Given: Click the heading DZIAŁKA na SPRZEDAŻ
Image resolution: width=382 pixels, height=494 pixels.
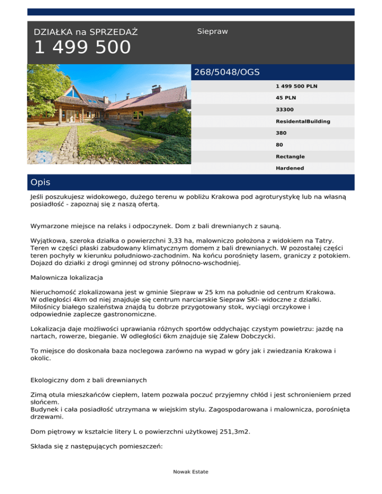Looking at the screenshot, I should point(86,32).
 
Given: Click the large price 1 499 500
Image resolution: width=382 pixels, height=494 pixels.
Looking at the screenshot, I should point(83,48).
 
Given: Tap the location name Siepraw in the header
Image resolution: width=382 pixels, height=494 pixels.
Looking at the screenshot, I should point(212,31).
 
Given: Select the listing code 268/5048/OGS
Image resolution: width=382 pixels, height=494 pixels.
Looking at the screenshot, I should point(227,72).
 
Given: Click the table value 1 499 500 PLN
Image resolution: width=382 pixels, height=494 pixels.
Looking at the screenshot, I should point(296,86).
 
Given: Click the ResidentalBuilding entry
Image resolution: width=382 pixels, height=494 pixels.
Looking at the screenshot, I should point(303,121).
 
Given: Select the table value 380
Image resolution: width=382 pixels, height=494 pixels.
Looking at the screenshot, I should point(281,133).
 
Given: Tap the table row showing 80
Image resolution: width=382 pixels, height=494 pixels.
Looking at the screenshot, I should point(280,145).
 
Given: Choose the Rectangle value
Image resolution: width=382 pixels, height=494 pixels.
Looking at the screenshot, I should point(290,157).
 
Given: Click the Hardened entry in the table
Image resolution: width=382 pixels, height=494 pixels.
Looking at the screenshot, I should point(290,168).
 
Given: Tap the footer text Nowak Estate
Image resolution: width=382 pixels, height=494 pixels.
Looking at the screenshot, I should point(191,472).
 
